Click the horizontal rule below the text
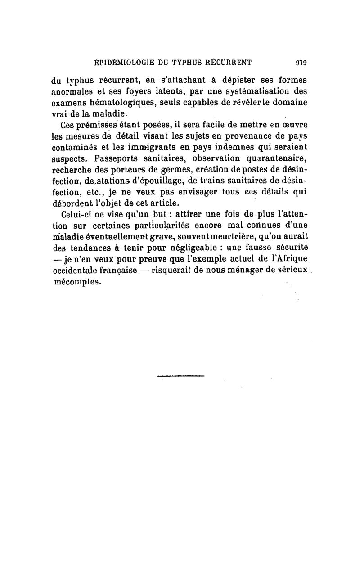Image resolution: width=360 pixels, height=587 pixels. coord(181,375)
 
